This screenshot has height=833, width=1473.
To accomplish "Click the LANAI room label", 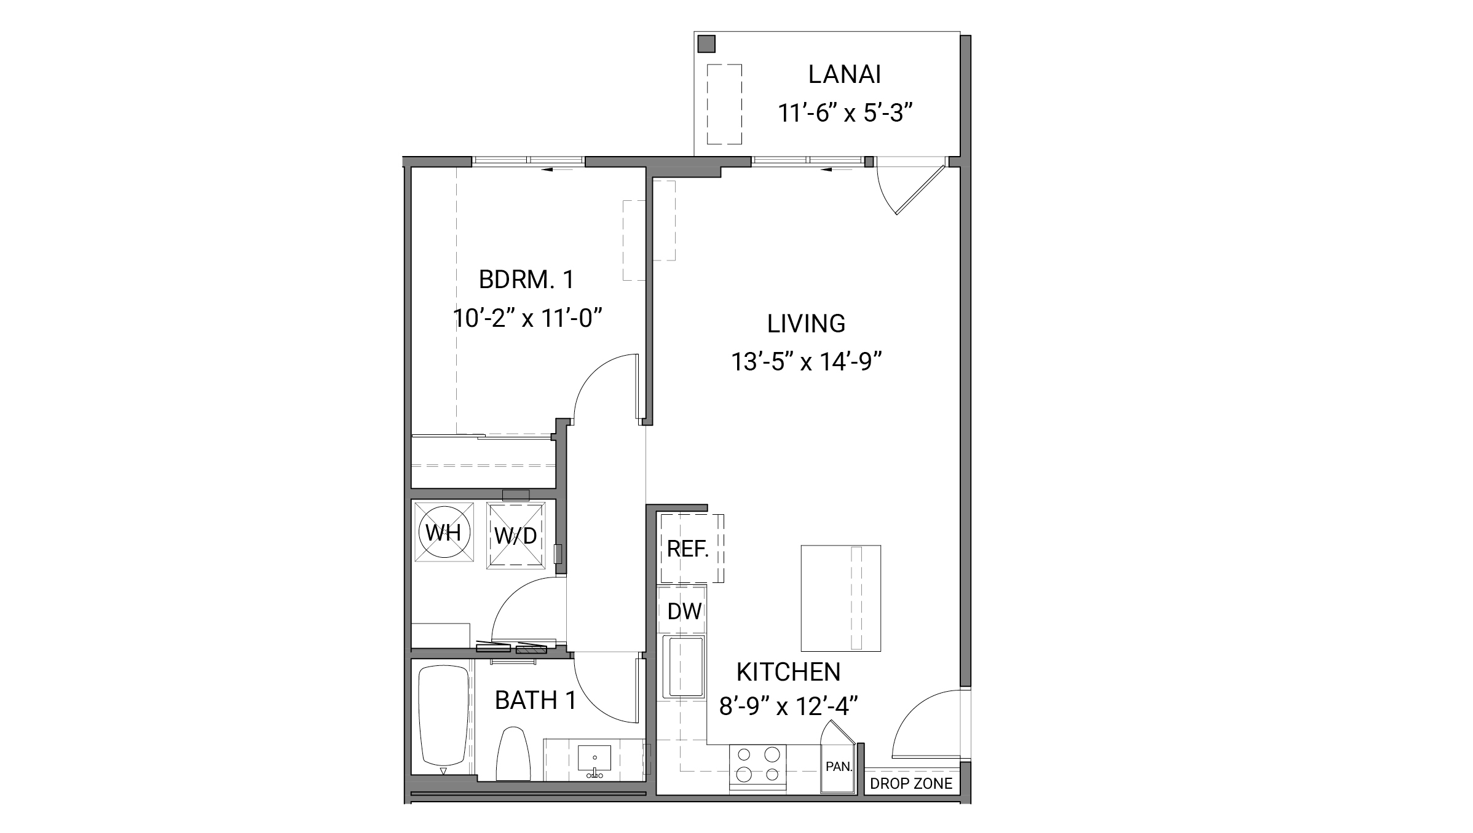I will [x=844, y=74].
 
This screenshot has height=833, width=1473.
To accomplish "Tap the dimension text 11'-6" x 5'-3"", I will [x=844, y=113].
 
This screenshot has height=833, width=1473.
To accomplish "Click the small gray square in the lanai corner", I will [x=706, y=44].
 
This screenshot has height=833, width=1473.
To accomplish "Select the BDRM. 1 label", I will [x=526, y=280].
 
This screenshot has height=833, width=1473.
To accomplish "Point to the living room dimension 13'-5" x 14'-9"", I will [x=806, y=362].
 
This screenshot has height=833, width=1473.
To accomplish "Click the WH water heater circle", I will [x=444, y=532].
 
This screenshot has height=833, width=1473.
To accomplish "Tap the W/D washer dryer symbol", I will [x=516, y=535].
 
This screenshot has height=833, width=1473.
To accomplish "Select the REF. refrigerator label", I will [x=687, y=549].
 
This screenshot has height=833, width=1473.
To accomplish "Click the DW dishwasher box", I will [x=684, y=611].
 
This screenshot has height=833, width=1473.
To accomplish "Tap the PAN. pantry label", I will [x=838, y=767].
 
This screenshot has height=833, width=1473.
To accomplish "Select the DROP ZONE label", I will [x=910, y=783].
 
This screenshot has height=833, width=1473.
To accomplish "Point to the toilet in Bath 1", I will [x=513, y=754].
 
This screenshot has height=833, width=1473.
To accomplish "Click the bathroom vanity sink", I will [x=594, y=762].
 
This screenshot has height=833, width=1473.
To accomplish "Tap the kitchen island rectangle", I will [x=840, y=598].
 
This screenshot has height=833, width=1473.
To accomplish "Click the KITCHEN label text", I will [x=788, y=672].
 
